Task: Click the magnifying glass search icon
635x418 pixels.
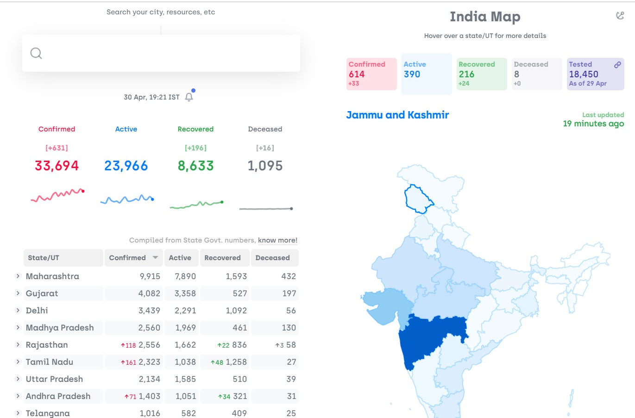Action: tap(36, 53)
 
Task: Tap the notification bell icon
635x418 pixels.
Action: tap(189, 97)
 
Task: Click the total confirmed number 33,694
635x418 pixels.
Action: tap(57, 166)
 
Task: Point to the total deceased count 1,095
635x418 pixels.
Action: tap(265, 166)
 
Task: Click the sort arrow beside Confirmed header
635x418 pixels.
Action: tap(155, 257)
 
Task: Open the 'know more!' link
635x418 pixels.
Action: tap(277, 240)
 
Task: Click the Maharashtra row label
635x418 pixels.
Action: tap(52, 276)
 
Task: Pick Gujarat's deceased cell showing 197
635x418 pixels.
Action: tap(289, 293)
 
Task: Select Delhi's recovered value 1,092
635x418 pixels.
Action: tap(236, 311)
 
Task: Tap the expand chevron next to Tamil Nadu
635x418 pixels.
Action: tap(18, 362)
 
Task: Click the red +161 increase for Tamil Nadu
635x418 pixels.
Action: tap(128, 362)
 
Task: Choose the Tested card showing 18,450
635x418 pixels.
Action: tap(595, 74)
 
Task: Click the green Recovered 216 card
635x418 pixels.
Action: tap(482, 74)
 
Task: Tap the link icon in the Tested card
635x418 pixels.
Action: tap(617, 65)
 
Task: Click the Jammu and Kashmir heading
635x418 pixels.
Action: tap(397, 115)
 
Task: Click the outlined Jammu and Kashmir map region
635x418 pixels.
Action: tap(417, 199)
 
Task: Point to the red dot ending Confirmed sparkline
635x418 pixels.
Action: tap(83, 191)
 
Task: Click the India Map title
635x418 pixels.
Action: tap(485, 17)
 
